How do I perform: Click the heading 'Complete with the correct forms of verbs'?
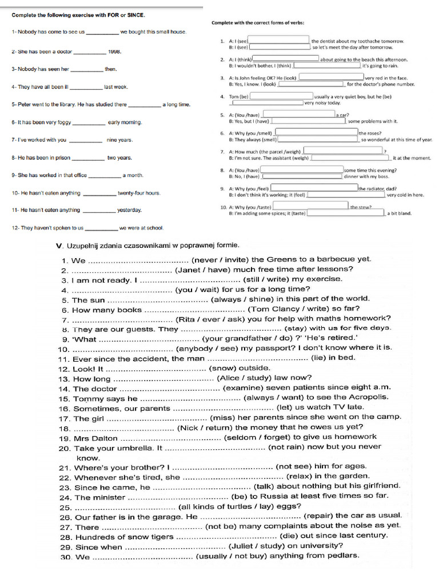coord(258,23)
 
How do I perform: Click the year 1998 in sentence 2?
coord(114,52)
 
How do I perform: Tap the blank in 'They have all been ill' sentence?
coord(86,88)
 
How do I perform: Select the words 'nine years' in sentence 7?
coord(119,140)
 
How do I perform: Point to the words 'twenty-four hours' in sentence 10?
coord(139,193)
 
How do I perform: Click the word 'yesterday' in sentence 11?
coord(130,210)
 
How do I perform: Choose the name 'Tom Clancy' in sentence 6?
coord(271,310)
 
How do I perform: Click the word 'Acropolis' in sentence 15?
coord(369,397)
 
